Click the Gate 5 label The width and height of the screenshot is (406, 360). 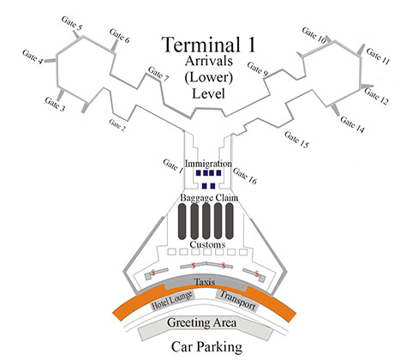72,23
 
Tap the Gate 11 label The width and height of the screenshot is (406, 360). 378,57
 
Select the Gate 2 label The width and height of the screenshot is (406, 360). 117,125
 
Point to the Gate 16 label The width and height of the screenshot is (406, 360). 245,176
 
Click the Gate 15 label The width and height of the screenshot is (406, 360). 296,140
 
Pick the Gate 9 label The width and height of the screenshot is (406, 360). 258,69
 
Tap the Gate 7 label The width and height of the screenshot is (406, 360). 158,74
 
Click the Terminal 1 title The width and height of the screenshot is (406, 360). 208,45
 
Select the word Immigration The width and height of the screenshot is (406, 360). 208,164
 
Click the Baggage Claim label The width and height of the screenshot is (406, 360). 209,198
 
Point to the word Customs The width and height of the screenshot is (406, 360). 207,244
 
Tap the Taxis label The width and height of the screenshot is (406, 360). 205,282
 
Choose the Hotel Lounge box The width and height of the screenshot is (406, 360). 172,301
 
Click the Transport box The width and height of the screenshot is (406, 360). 237,301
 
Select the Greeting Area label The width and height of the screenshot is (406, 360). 202,322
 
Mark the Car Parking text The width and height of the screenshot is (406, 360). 206,346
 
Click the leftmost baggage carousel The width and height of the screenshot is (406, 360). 182,221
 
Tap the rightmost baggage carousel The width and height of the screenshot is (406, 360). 230,221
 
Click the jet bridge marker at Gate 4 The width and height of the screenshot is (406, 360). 50,60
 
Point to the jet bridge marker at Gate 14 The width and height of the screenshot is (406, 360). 336,110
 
